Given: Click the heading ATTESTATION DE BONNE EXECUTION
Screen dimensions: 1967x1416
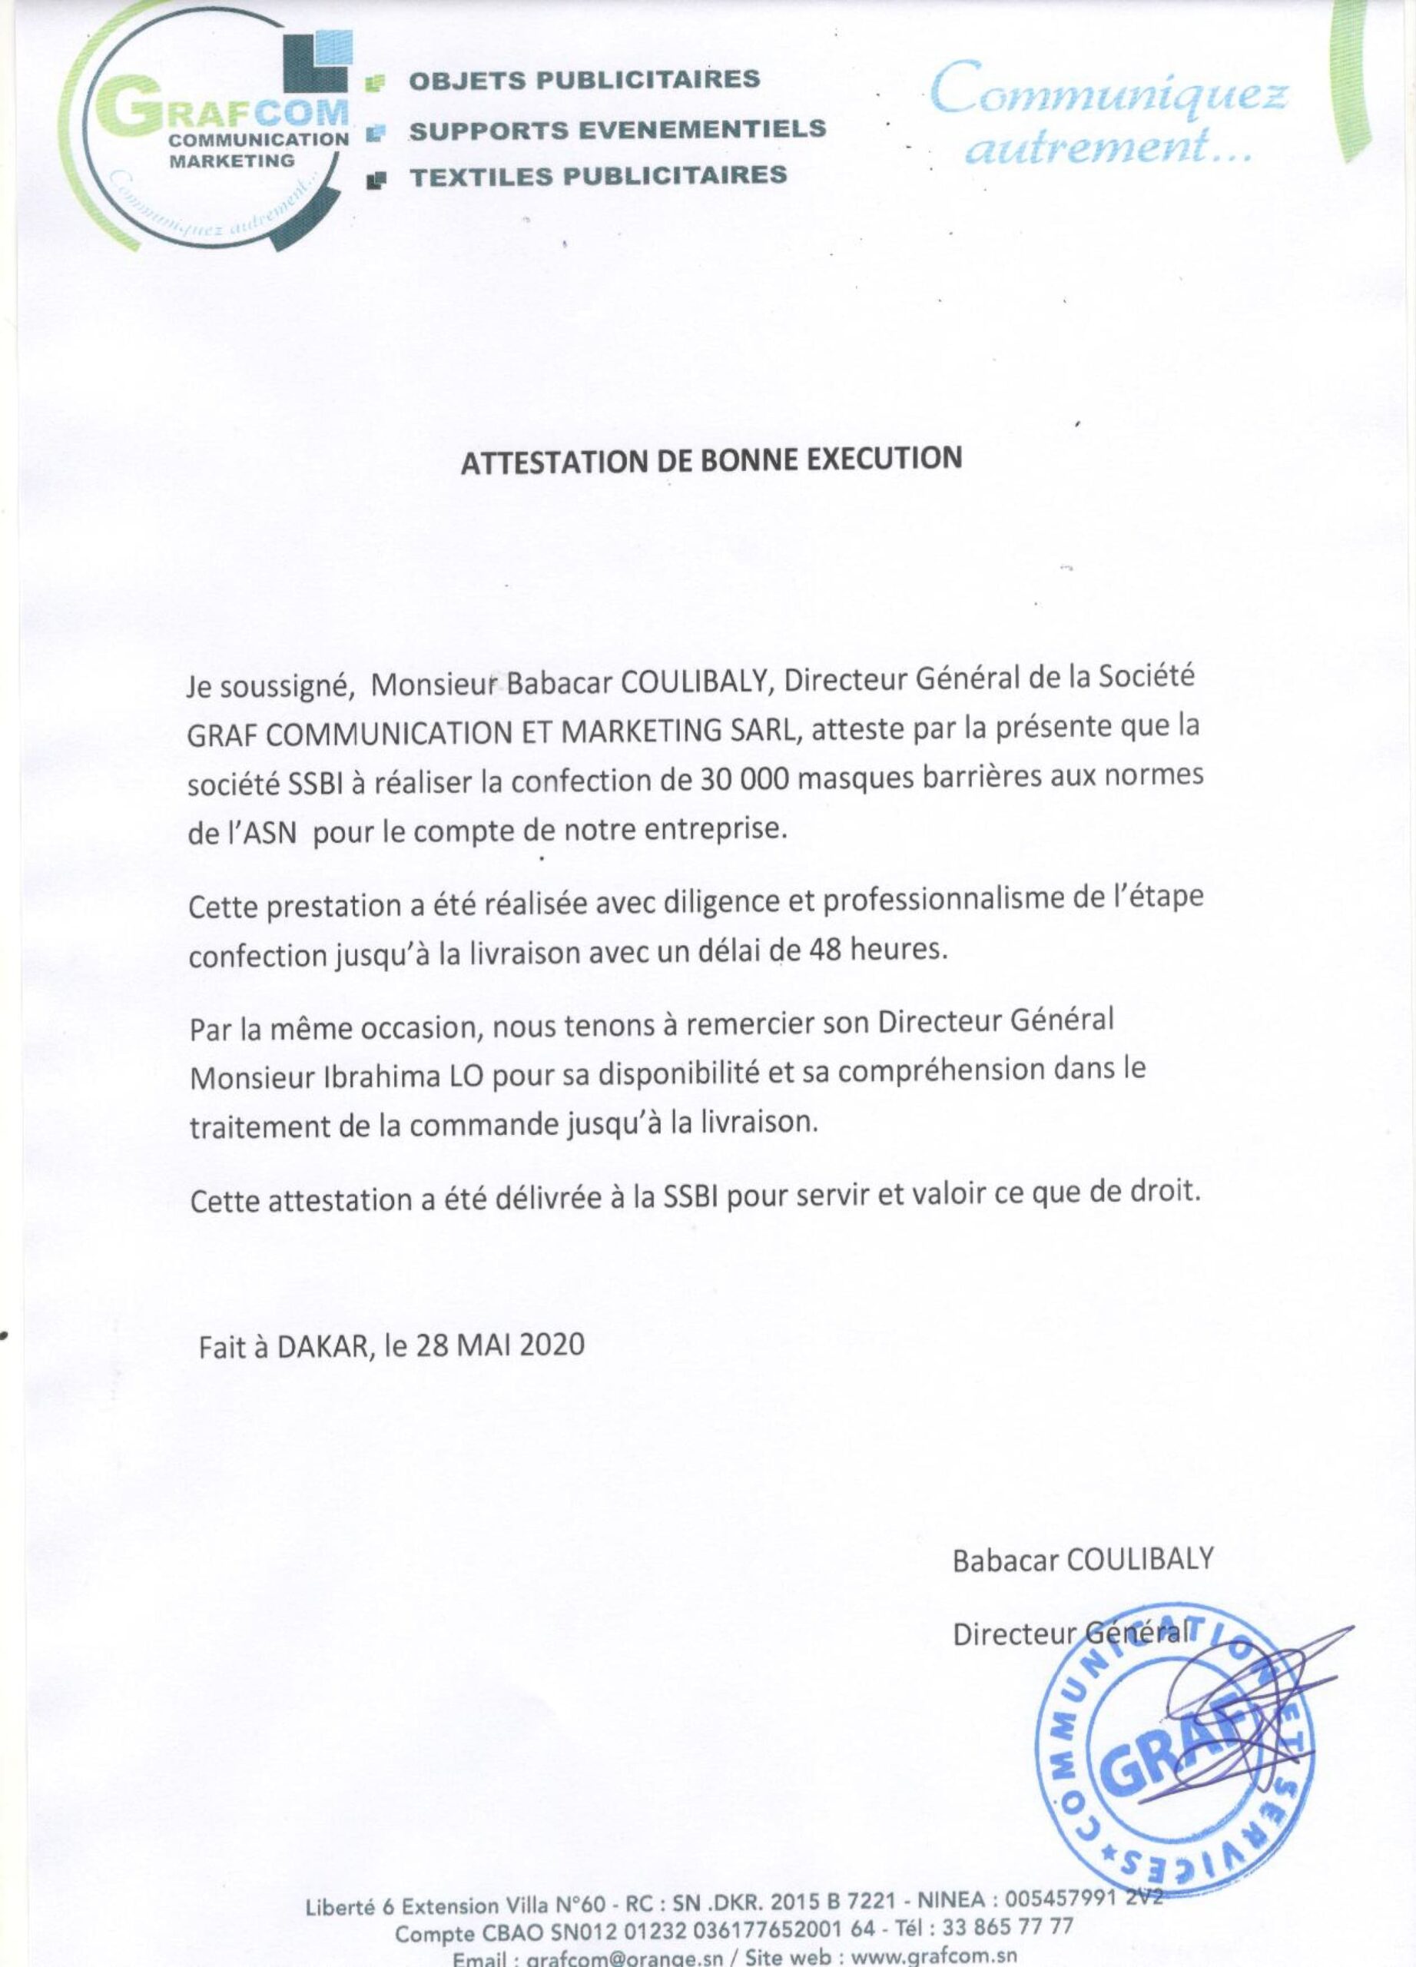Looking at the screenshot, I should (x=711, y=459).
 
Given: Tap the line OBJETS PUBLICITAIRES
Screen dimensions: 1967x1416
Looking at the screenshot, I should (x=585, y=80).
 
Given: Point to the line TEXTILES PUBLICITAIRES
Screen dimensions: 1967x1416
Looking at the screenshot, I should (x=599, y=176).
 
